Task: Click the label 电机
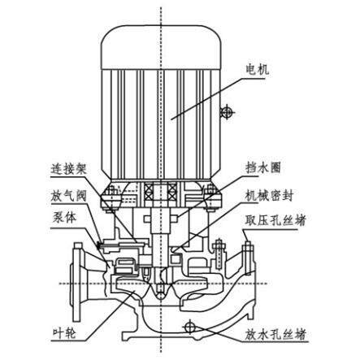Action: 257,70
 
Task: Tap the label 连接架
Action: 69,170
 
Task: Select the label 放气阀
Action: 68,196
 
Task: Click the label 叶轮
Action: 64,333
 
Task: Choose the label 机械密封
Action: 269,195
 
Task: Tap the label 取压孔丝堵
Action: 275,220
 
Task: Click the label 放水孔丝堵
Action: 275,334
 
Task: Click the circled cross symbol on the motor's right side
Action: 226,112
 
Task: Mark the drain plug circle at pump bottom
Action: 189,327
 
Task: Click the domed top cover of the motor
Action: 162,47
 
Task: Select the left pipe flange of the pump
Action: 78,281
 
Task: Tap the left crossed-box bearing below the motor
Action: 149,193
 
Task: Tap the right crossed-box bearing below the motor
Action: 172,193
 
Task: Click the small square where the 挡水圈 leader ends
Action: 174,219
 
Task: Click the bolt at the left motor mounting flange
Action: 111,199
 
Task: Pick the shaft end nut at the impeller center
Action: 161,293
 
